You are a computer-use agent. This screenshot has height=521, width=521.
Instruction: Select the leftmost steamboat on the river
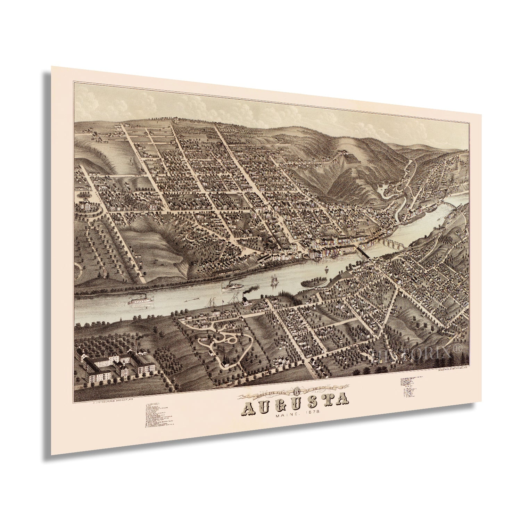[x=141, y=300]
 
